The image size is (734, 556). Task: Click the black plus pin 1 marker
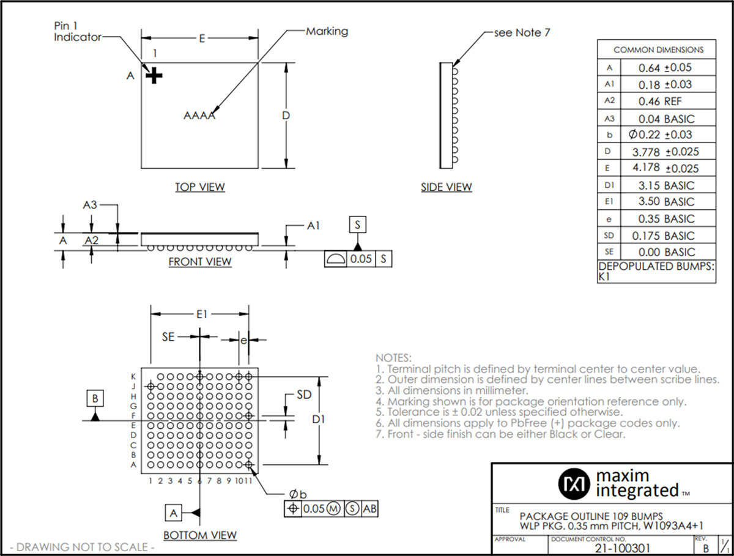click(x=155, y=76)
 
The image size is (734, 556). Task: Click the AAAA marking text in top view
click(x=199, y=116)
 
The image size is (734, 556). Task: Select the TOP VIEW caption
click(x=200, y=187)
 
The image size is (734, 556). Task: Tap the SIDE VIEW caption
click(x=446, y=187)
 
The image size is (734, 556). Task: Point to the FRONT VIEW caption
click(x=200, y=262)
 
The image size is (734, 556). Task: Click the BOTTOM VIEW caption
click(x=200, y=535)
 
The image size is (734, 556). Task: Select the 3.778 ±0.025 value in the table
click(x=668, y=152)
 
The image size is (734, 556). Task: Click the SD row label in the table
click(x=609, y=235)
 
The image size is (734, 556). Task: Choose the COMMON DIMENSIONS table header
click(x=658, y=50)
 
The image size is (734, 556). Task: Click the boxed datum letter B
click(x=95, y=398)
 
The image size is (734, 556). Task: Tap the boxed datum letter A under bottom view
click(x=174, y=512)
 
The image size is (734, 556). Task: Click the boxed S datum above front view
click(x=358, y=225)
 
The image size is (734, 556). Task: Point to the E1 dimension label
click(x=201, y=314)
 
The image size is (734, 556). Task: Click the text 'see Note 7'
click(x=522, y=32)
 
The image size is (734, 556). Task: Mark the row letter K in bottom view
click(x=133, y=377)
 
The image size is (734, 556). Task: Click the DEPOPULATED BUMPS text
click(x=656, y=267)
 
